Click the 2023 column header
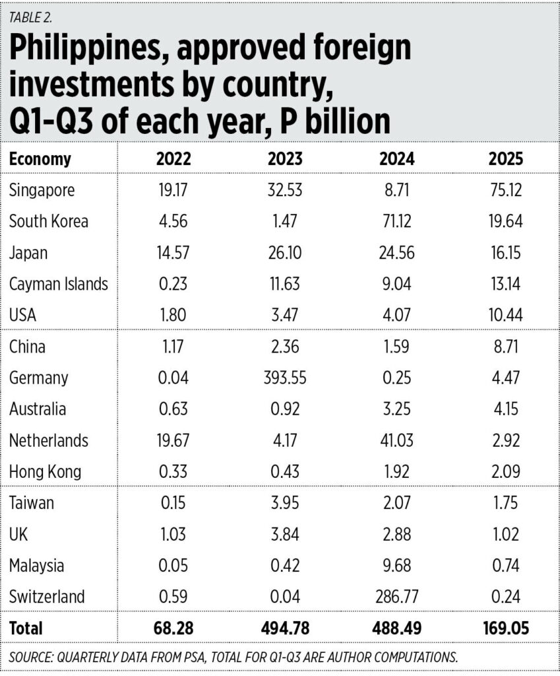click(x=286, y=159)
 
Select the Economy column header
click(x=40, y=159)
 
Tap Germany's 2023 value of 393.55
click(x=286, y=378)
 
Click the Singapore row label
click(x=42, y=190)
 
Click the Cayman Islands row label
click(x=59, y=284)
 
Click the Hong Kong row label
click(x=46, y=471)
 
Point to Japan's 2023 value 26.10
click(x=286, y=253)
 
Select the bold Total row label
click(x=26, y=628)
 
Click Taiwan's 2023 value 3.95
click(x=286, y=503)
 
